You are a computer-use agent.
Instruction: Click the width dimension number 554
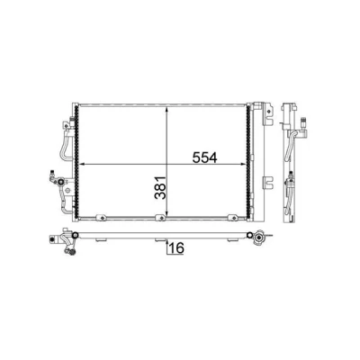tap(204, 157)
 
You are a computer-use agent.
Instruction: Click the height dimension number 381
tap(160, 188)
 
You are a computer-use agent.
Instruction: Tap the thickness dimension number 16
tap(176, 248)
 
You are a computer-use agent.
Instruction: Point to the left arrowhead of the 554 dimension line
tap(83, 165)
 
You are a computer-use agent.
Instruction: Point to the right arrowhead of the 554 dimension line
tap(242, 165)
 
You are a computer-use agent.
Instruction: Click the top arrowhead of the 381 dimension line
tap(167, 110)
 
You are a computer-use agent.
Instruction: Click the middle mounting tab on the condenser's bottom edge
tap(161, 217)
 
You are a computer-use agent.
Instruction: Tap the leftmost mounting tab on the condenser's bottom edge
tap(102, 217)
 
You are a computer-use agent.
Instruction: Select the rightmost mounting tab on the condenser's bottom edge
tap(233, 217)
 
